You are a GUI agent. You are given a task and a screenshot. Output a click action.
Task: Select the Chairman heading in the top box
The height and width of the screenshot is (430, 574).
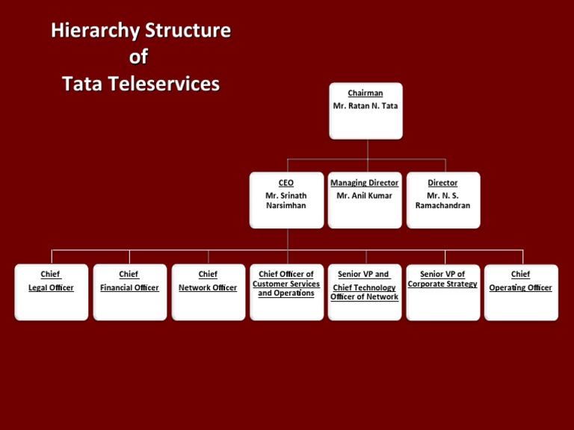365,93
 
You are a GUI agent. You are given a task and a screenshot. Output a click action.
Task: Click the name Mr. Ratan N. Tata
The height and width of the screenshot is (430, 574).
365,106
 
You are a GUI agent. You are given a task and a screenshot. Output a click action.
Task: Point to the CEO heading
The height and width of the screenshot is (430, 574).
286,182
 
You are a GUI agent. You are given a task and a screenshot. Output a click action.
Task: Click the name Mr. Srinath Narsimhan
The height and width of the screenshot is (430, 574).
286,200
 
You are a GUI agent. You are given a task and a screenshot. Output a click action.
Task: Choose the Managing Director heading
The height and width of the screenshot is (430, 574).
365,182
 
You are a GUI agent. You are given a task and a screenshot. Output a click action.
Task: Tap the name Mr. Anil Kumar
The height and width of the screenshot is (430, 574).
365,196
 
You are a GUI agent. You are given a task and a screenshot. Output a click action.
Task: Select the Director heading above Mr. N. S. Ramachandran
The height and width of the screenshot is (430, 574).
443,182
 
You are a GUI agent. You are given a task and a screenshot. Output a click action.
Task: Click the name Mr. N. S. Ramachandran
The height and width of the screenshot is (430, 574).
443,200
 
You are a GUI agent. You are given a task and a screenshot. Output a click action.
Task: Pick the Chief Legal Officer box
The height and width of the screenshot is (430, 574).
51,292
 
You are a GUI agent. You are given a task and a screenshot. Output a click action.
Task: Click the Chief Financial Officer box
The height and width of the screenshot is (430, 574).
129,292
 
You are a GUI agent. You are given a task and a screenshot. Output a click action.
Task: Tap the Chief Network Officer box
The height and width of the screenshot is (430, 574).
208,292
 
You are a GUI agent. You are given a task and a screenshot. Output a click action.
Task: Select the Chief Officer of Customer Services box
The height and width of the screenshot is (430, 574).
286,292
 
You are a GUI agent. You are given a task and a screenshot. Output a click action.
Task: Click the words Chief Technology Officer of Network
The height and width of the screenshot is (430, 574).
365,293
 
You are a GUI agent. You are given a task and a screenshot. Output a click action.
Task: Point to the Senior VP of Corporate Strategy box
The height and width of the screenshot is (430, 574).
443,292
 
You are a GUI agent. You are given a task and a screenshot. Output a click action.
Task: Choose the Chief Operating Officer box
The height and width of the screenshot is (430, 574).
521,292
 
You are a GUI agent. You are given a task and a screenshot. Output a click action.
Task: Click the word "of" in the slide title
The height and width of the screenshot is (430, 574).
138,57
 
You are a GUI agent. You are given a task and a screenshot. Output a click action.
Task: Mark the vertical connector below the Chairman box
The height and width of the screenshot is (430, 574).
366,149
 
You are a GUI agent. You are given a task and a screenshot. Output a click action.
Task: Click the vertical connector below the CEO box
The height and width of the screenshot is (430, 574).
288,239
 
